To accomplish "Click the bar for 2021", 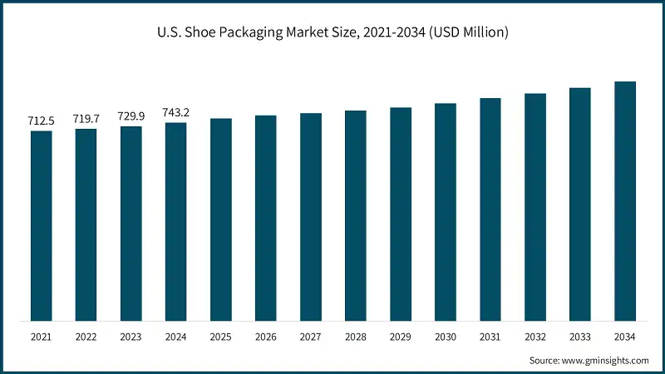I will click(x=42, y=225).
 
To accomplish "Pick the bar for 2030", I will click(x=446, y=212).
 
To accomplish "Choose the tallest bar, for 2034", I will click(x=625, y=200).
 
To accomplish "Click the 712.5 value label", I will click(x=42, y=121).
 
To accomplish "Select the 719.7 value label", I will click(x=86, y=119).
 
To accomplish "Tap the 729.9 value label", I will click(x=131, y=116).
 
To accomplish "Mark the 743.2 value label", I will click(x=176, y=113).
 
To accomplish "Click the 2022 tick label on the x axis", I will click(x=86, y=337).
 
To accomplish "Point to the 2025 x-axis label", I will click(x=221, y=337).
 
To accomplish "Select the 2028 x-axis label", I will click(x=356, y=337).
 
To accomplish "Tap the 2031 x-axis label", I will click(x=490, y=337).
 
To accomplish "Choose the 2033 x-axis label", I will click(x=580, y=337).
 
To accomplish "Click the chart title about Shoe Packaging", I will click(x=332, y=32).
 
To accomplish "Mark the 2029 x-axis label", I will click(x=401, y=337).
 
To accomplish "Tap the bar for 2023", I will click(x=131, y=223).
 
